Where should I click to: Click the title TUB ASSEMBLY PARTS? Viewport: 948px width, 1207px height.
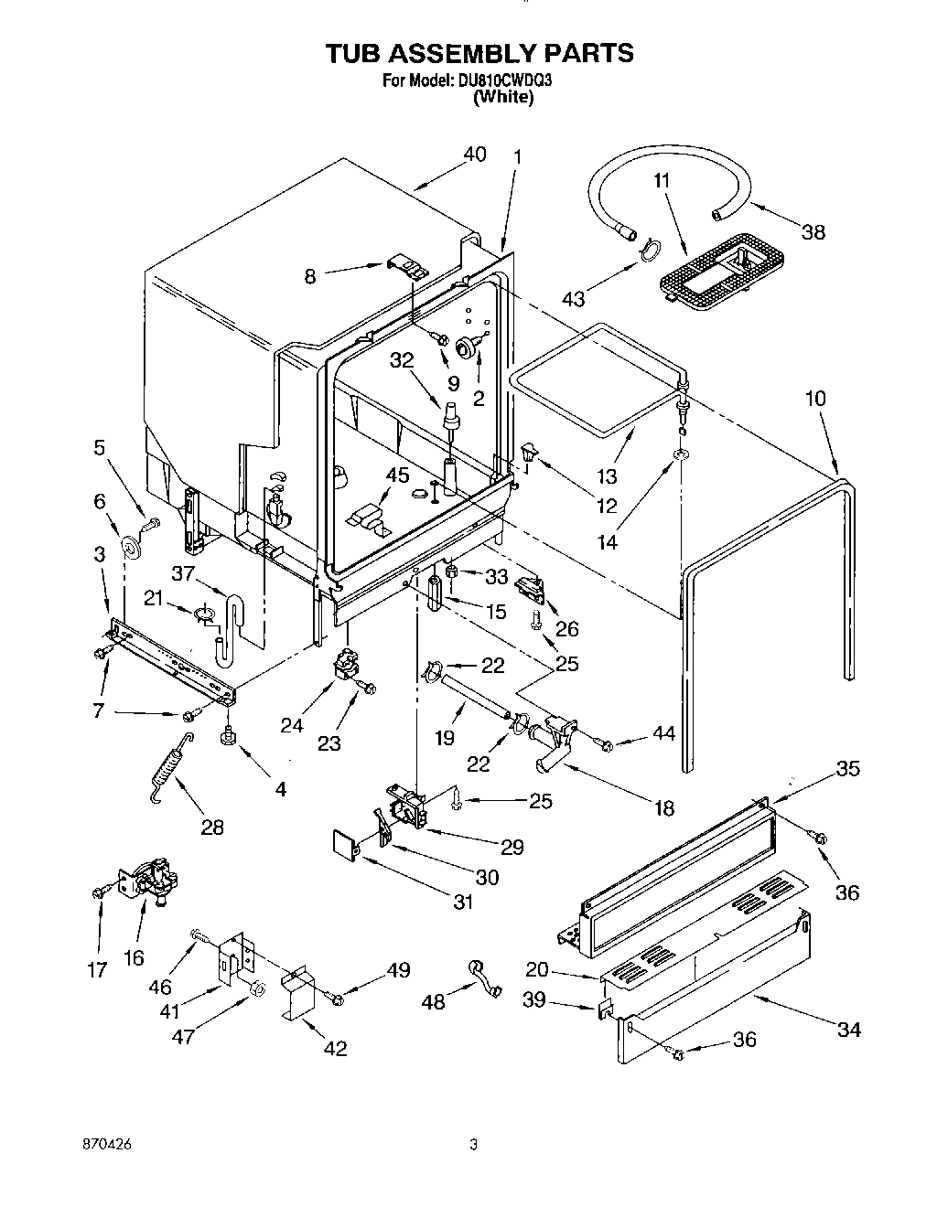[x=479, y=53]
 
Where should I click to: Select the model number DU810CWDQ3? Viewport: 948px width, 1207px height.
[x=504, y=80]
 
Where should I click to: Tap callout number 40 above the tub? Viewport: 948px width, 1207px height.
[x=474, y=155]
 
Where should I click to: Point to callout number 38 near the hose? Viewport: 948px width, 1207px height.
[x=813, y=232]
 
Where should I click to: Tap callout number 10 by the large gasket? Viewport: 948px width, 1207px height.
[x=815, y=399]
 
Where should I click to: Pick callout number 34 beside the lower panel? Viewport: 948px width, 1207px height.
[x=848, y=1030]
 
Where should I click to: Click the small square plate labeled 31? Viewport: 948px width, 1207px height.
[x=344, y=844]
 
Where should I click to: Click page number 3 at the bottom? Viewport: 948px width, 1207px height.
[x=473, y=1144]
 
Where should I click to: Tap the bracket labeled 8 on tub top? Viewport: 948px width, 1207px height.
[x=405, y=265]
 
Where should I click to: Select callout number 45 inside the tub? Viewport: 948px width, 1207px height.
[x=397, y=475]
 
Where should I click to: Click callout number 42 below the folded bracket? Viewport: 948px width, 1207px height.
[x=335, y=1048]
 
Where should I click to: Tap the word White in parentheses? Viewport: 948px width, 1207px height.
[x=502, y=97]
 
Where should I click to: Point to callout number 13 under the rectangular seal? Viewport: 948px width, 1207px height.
[x=607, y=475]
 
